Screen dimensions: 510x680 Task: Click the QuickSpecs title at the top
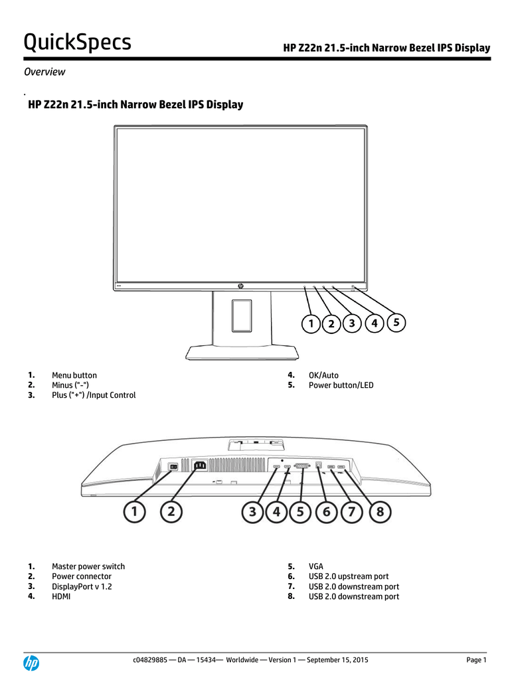coord(77,42)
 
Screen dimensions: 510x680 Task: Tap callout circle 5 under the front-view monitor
coord(396,322)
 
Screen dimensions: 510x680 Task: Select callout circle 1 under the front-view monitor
coord(311,323)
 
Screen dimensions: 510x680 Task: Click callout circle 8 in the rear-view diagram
coord(380,512)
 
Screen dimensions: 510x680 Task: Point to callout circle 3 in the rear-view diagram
coord(252,512)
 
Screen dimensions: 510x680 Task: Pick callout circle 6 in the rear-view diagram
coord(326,512)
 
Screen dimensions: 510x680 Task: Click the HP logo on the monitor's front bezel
coord(240,286)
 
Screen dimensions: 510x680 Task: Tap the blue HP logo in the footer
coord(31,663)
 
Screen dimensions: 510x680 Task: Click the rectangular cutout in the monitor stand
coord(242,315)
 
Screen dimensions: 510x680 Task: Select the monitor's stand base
coord(242,353)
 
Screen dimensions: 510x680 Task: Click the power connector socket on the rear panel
coord(199,466)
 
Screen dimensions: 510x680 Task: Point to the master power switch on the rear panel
coord(173,467)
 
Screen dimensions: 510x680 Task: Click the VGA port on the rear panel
coord(302,466)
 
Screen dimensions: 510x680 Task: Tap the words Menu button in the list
coord(74,375)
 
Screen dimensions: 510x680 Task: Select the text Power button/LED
coord(341,385)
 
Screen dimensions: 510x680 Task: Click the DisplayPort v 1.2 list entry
coord(82,586)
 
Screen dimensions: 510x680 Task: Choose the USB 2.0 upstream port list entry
coord(348,576)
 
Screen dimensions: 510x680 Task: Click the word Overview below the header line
coord(44,72)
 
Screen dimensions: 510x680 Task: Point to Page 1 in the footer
coord(476,659)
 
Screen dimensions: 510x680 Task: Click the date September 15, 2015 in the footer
coord(337,659)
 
